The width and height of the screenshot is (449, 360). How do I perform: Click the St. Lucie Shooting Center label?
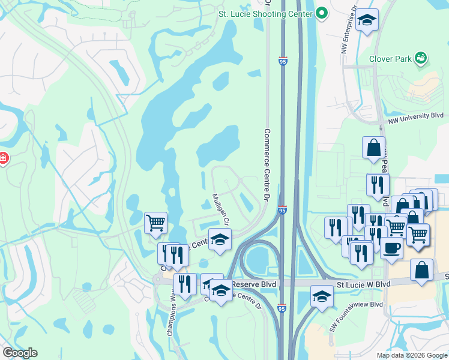(x=265, y=13)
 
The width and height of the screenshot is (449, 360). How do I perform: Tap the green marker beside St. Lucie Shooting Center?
(x=322, y=13)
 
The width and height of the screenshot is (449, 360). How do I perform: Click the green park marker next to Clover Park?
(x=421, y=58)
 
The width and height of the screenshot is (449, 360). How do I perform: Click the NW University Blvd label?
(x=415, y=117)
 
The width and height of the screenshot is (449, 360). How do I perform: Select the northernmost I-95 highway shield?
(x=283, y=61)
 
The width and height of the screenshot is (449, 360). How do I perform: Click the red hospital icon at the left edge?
(x=3, y=159)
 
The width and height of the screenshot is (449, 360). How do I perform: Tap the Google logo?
(x=20, y=353)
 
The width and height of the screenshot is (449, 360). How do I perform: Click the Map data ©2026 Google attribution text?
(x=411, y=355)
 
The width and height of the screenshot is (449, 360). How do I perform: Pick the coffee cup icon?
(x=391, y=248)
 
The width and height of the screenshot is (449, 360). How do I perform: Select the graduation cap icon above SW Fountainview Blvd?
(x=322, y=296)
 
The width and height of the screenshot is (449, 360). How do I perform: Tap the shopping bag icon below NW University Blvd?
(x=373, y=148)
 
